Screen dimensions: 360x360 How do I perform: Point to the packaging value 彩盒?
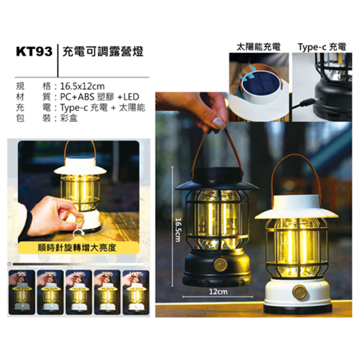pos(68,118)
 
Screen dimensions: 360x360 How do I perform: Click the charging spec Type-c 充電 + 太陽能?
pos(102,107)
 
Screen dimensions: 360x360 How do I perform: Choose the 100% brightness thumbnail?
pos(136,291)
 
